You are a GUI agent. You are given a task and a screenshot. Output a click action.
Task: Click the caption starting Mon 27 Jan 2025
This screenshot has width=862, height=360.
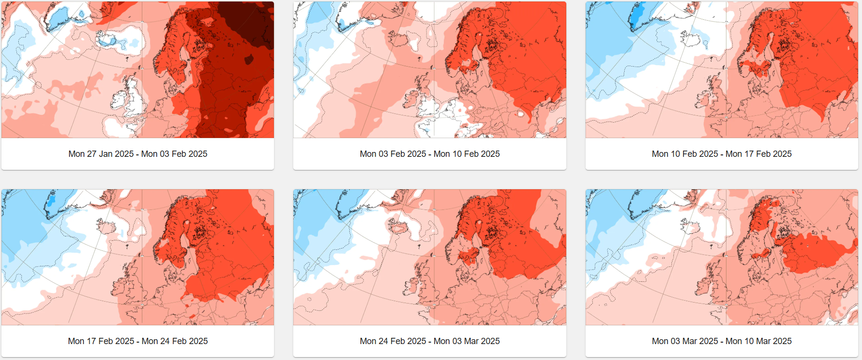137,154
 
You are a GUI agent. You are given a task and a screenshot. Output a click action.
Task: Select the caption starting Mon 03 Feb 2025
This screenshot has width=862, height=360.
429,154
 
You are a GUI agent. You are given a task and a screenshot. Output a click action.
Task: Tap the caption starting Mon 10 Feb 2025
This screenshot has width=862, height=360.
721,154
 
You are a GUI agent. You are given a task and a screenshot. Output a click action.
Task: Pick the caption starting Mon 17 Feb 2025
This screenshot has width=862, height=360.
137,341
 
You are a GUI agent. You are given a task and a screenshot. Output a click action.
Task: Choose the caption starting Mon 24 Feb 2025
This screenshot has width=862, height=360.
429,341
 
